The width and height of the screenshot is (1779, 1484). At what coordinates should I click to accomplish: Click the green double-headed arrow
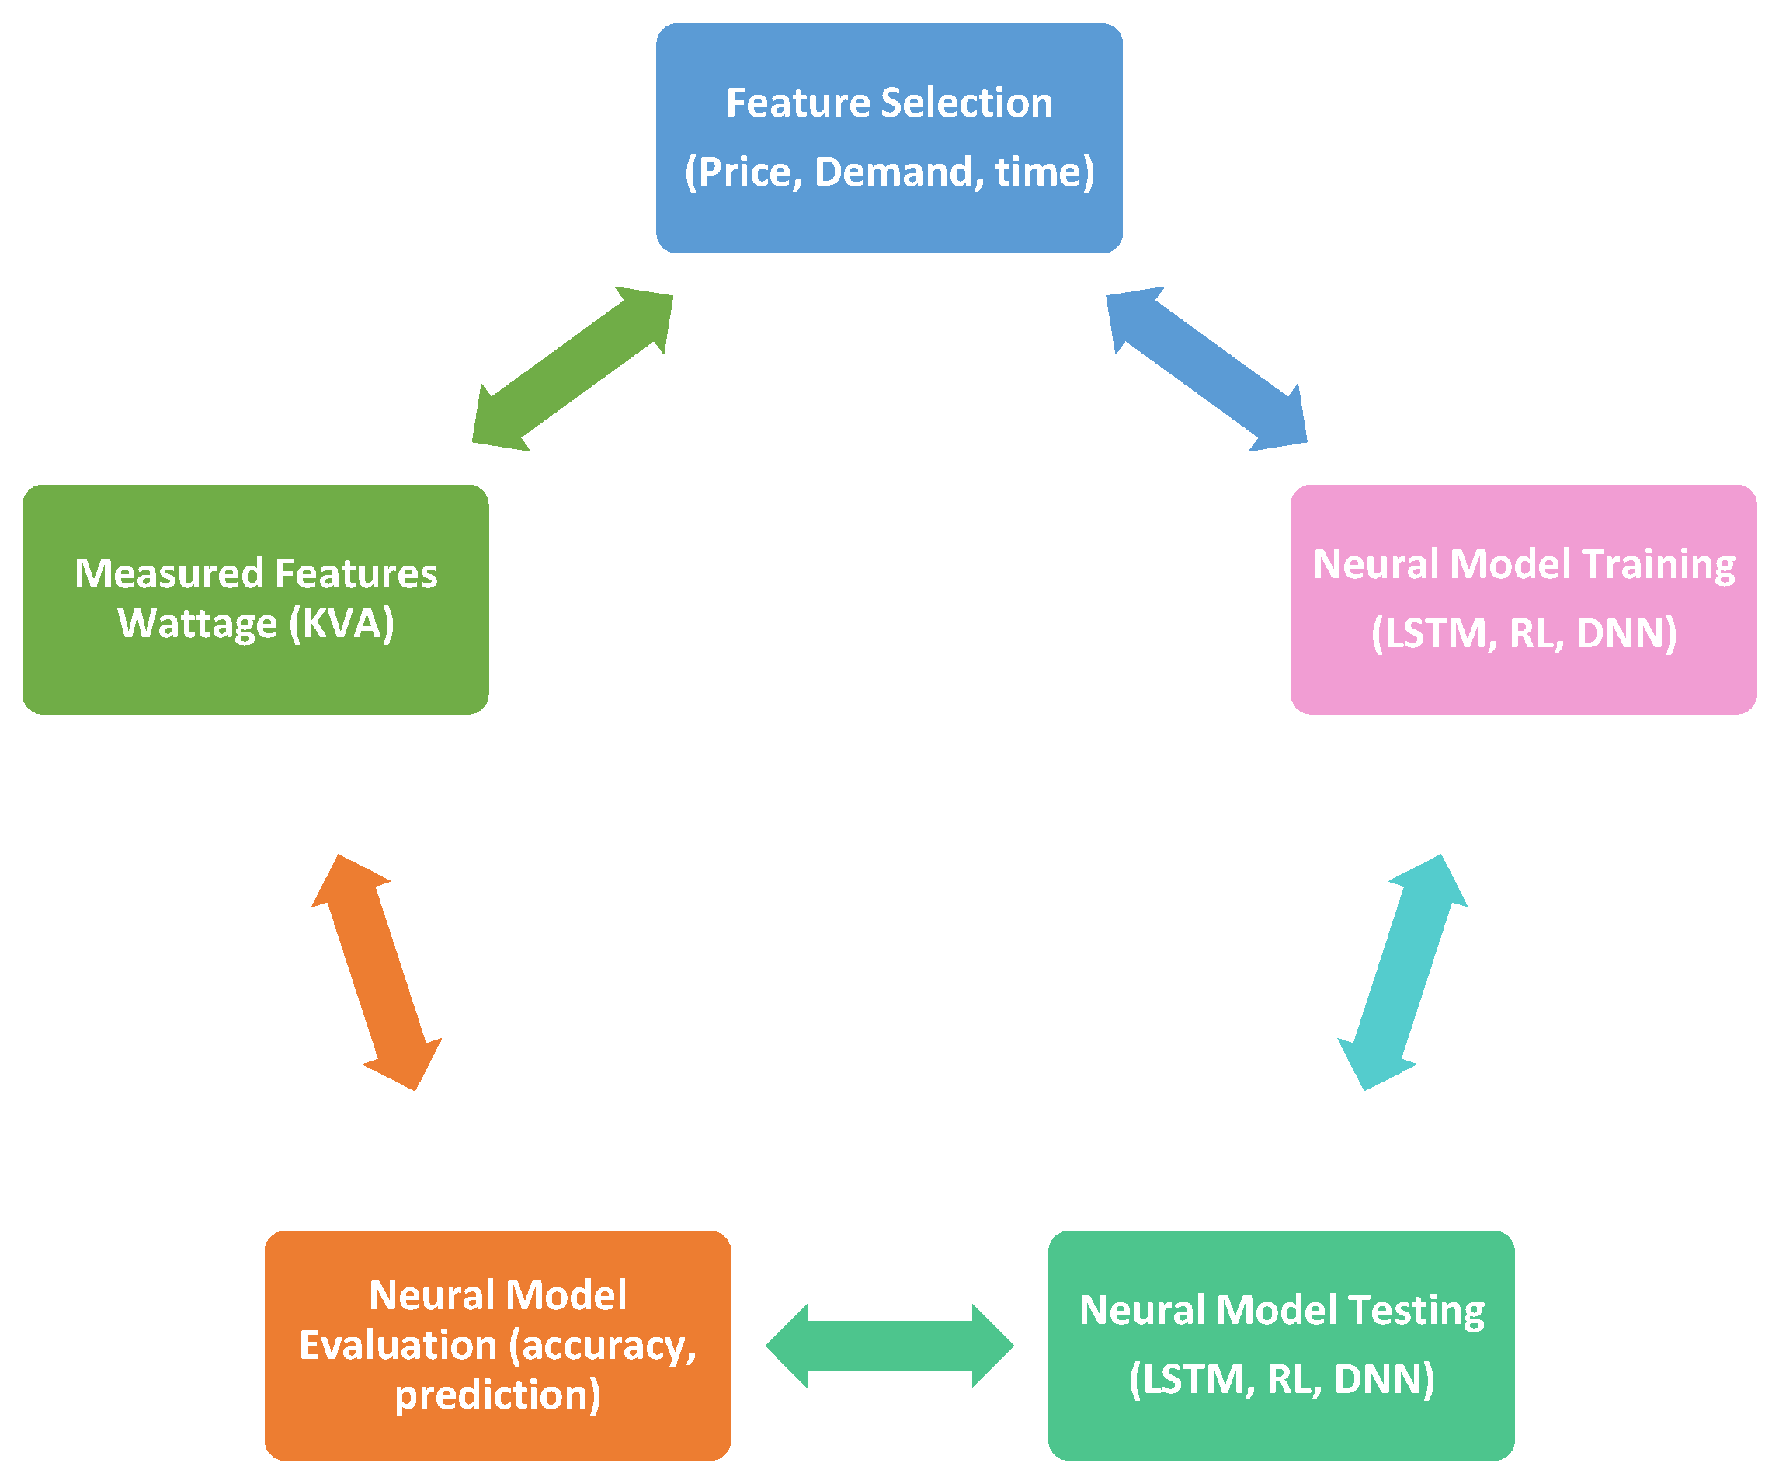point(572,369)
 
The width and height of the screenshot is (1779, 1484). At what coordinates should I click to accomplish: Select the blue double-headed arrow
point(1207,369)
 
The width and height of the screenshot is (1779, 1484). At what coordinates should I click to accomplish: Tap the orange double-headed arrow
point(377,972)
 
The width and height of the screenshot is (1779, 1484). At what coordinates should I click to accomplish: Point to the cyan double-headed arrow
point(1402,972)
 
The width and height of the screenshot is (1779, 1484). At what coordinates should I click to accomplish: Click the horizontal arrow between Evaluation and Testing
point(890,1346)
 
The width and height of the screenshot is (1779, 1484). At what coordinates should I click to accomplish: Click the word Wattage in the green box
point(197,625)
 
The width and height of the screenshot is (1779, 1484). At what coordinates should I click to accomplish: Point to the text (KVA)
point(342,625)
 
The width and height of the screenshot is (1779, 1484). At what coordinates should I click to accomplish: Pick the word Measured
point(169,573)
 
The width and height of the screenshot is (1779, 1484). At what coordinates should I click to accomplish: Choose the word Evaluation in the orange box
point(398,1346)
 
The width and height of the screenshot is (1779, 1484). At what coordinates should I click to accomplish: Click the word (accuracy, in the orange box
point(603,1346)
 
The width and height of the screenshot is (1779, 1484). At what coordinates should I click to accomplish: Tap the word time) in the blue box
point(1044,172)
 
